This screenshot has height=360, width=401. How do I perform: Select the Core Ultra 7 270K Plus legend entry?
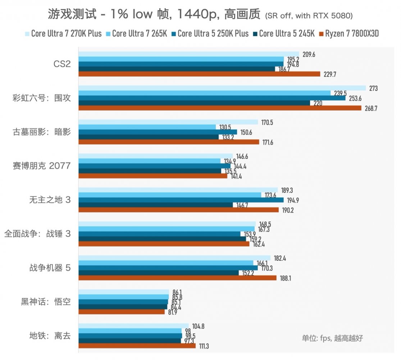(63, 34)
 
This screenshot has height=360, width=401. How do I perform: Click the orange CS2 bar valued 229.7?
(199, 74)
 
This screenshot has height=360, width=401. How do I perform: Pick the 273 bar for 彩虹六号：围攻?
(222, 88)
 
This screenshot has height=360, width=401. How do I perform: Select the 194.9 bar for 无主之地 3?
(181, 200)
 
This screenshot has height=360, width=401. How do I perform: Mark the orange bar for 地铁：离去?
(137, 346)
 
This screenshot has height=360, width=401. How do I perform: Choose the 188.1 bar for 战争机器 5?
(177, 278)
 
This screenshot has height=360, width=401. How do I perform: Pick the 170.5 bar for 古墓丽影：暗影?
(168, 122)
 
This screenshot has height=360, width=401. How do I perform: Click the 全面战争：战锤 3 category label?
(37, 234)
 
